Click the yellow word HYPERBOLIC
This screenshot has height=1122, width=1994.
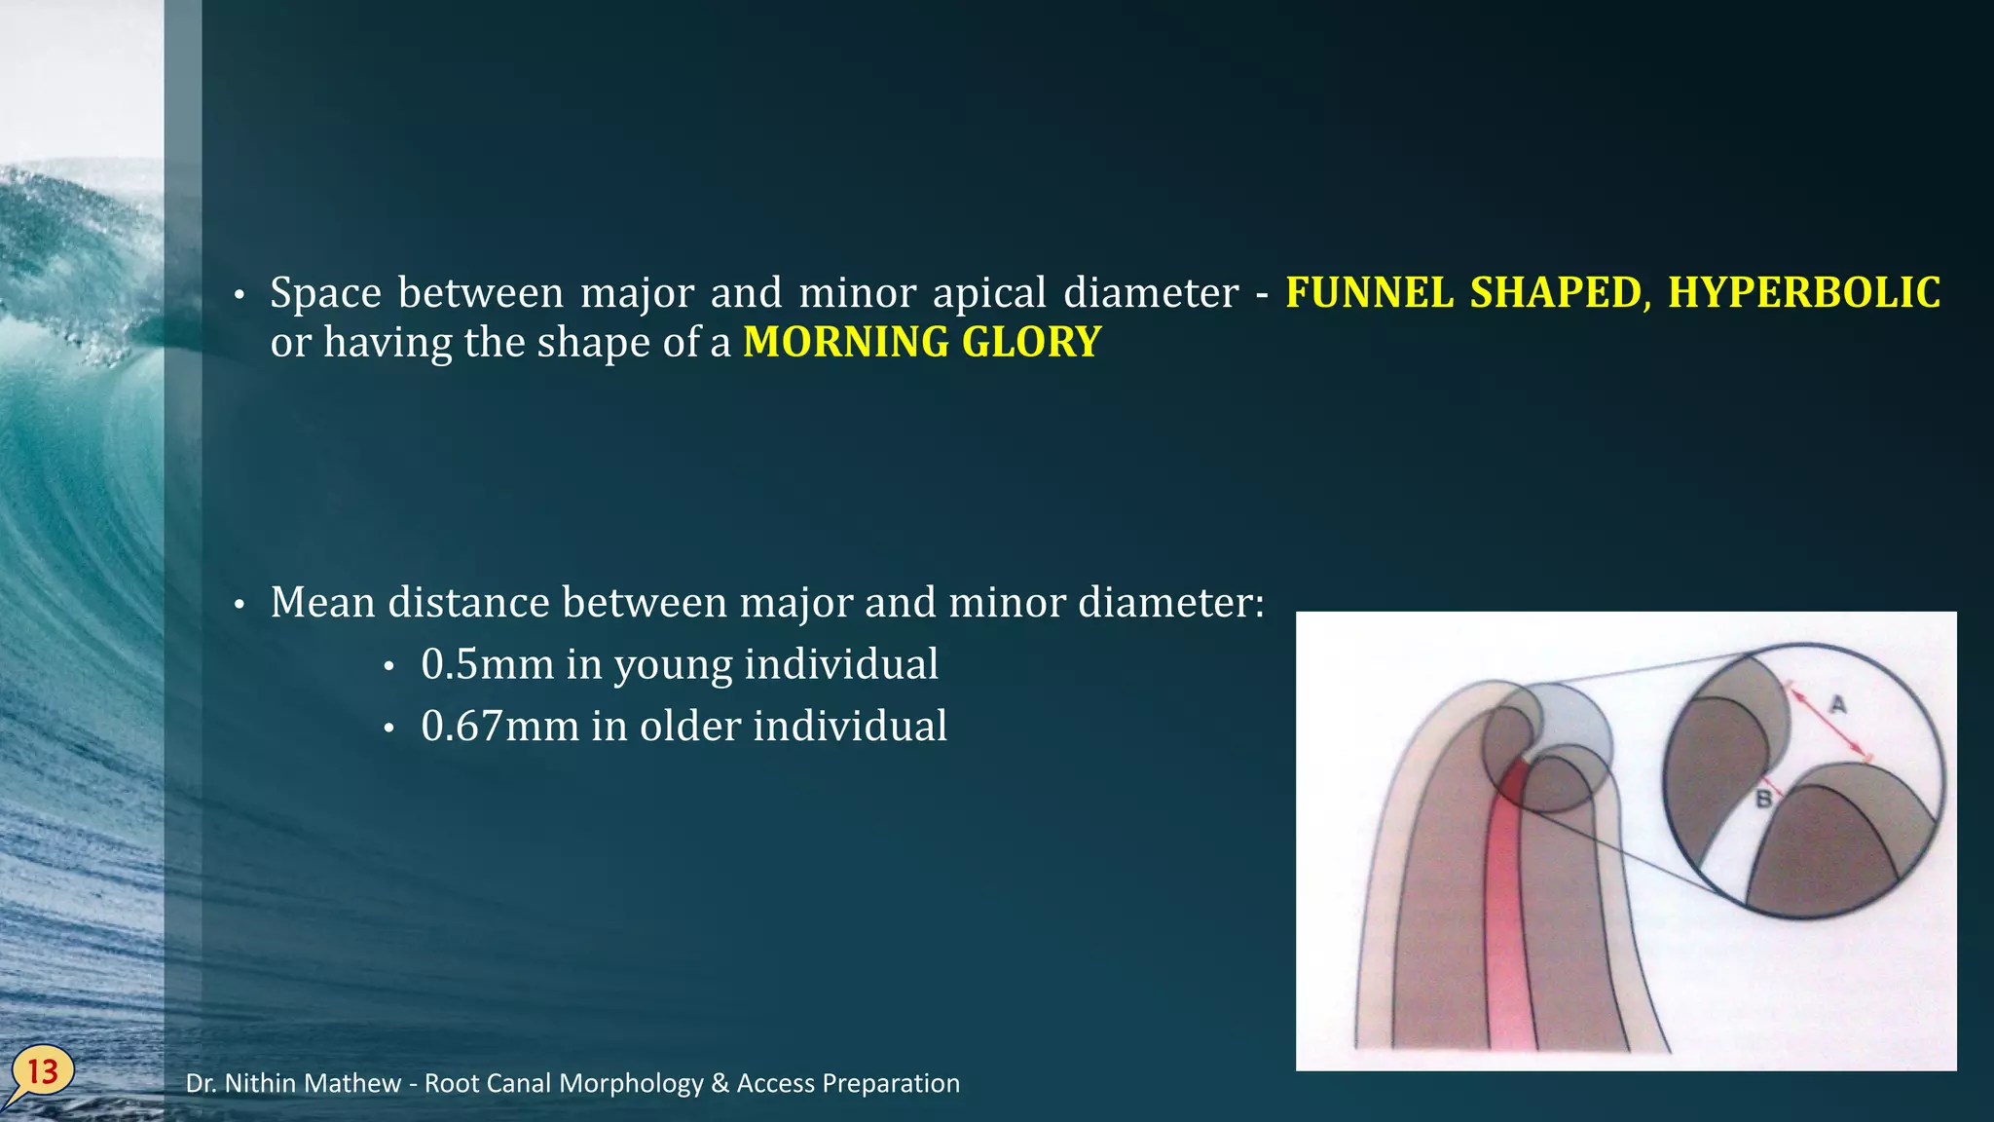click(1804, 293)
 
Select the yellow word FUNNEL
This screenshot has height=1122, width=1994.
click(1369, 293)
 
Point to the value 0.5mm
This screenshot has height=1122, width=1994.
click(487, 664)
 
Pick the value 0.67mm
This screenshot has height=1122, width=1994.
click(499, 727)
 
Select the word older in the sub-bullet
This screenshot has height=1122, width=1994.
click(690, 727)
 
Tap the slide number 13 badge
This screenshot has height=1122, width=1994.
click(43, 1072)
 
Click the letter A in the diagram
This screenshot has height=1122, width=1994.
click(1837, 703)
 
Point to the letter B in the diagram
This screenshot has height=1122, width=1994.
click(1763, 799)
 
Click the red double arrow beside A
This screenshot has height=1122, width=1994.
click(1829, 726)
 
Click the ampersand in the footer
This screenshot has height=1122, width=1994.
click(720, 1084)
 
